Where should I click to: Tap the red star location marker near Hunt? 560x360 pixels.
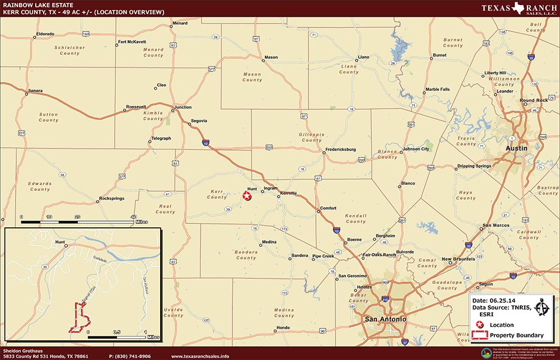[x=246, y=195]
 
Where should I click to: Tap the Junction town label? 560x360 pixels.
[x=183, y=107]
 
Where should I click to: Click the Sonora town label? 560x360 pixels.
[x=36, y=91]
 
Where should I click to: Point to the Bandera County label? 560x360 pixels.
[x=246, y=255]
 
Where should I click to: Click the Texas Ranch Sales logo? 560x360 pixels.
[x=519, y=9]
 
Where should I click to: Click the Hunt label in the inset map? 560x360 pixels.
[x=60, y=242]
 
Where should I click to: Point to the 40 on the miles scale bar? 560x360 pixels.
[x=133, y=216]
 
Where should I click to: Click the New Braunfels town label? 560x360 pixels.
[x=458, y=259]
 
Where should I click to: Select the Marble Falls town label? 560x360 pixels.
[x=437, y=89]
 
